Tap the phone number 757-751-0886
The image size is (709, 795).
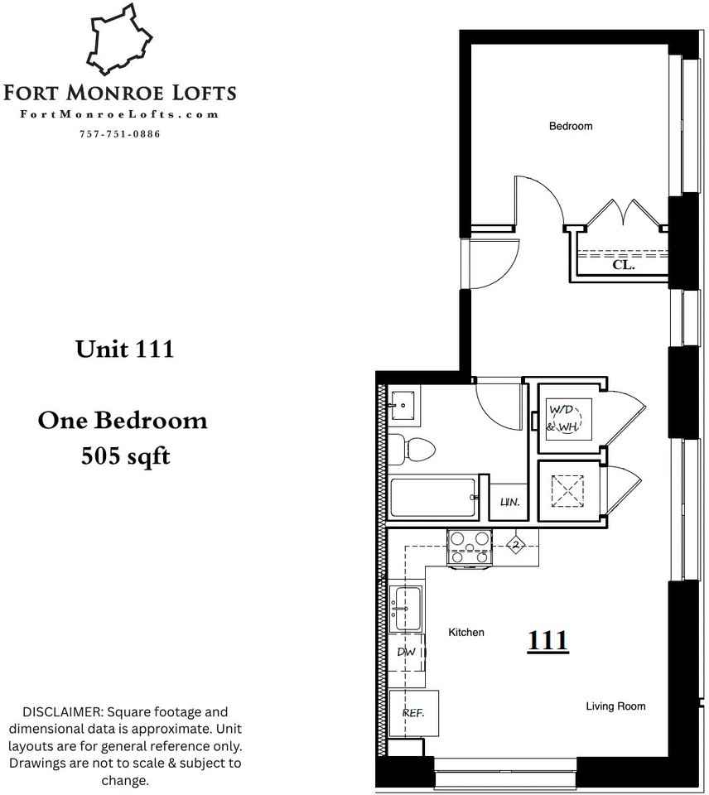(120, 134)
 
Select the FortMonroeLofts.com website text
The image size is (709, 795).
(120, 115)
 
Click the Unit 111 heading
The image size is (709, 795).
(124, 349)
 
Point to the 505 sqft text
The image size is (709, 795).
(125, 455)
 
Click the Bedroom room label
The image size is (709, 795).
(571, 127)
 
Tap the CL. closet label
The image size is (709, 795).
(623, 267)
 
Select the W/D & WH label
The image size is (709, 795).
(562, 417)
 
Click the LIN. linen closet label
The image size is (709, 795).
(509, 503)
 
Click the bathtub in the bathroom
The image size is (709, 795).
(434, 498)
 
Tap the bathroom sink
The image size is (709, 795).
(404, 403)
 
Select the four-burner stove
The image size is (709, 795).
(470, 547)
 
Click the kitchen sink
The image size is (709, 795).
(406, 609)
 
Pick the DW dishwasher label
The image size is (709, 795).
(406, 653)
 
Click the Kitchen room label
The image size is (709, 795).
(465, 633)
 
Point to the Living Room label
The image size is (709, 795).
(615, 706)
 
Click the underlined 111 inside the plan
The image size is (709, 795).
(547, 640)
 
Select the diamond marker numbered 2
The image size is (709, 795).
(516, 544)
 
